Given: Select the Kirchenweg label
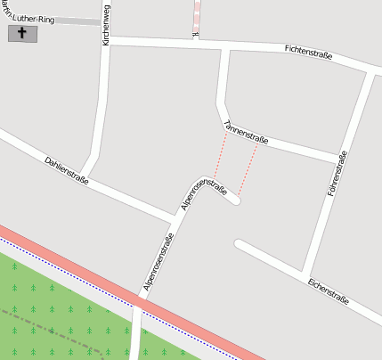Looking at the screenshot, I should [106, 24].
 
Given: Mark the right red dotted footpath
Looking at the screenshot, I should [248, 168].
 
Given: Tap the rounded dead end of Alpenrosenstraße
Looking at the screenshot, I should [235, 201].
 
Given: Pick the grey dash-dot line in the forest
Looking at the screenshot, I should [53, 328].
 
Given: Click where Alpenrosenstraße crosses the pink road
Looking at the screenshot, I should [140, 305].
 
